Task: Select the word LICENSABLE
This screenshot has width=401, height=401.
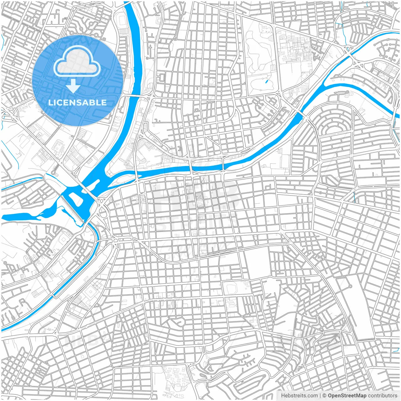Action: [x=77, y=102]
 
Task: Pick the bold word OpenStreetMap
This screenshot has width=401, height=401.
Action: [x=347, y=396]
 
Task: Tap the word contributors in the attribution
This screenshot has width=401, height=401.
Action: [x=383, y=396]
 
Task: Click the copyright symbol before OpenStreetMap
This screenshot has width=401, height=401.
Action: [x=325, y=396]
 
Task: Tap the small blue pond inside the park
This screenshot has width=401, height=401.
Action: [x=267, y=82]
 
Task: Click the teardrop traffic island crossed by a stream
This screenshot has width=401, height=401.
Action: [x=348, y=49]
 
